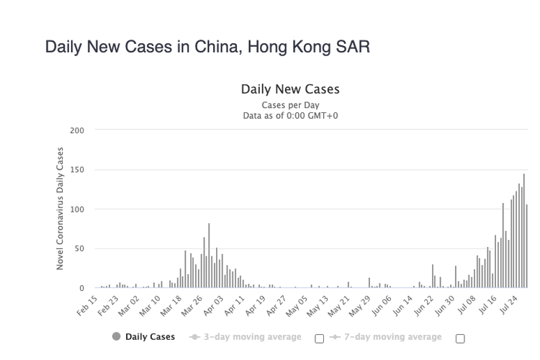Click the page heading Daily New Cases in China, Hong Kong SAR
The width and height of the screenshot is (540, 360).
207,48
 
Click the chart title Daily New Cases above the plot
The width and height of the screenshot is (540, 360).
290,90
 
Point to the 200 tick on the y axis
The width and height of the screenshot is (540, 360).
78,130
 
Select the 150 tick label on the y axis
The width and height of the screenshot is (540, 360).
78,170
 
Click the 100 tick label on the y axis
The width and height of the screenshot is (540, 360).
78,210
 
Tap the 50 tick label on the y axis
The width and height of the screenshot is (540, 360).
80,249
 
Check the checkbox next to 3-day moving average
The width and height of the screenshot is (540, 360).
320,339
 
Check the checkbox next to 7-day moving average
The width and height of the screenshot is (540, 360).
460,339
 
